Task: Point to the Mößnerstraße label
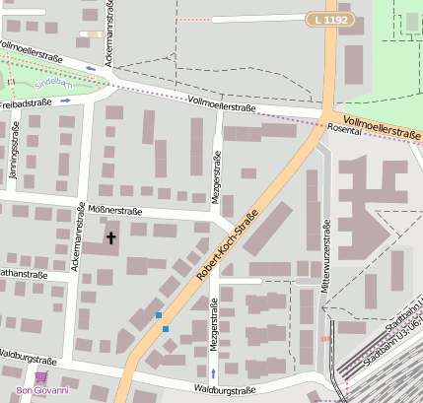[x=115, y=211]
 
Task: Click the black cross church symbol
[x=110, y=236]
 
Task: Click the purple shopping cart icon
[x=40, y=377]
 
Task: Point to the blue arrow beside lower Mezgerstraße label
[x=213, y=374]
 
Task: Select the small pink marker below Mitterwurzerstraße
[x=325, y=339]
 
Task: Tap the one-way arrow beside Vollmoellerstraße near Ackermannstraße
[x=92, y=69]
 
